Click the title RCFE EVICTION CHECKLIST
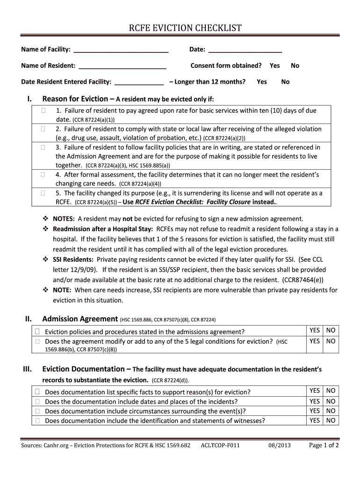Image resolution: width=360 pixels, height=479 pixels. coord(185,29)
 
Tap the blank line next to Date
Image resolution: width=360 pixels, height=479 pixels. coord(245,50)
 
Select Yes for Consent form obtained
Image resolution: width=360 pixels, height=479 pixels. coord(274,66)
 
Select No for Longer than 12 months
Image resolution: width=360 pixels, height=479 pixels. coord(285,82)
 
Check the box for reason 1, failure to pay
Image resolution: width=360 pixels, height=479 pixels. coord(43,111)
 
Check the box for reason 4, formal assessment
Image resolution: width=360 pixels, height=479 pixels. coord(43,175)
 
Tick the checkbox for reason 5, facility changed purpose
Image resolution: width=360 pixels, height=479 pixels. coord(43,193)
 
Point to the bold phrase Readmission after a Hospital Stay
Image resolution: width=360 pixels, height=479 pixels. coord(103,229)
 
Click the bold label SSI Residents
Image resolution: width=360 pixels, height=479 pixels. coord(73,259)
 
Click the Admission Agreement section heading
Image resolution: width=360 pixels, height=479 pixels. coord(80,319)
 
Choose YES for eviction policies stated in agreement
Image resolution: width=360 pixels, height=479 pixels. coord(314,330)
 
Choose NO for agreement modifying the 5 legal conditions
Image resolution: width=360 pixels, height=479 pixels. coord(331,341)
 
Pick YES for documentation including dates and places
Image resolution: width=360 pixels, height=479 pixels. coord(314,401)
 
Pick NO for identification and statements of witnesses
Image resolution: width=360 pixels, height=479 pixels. coord(331,421)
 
